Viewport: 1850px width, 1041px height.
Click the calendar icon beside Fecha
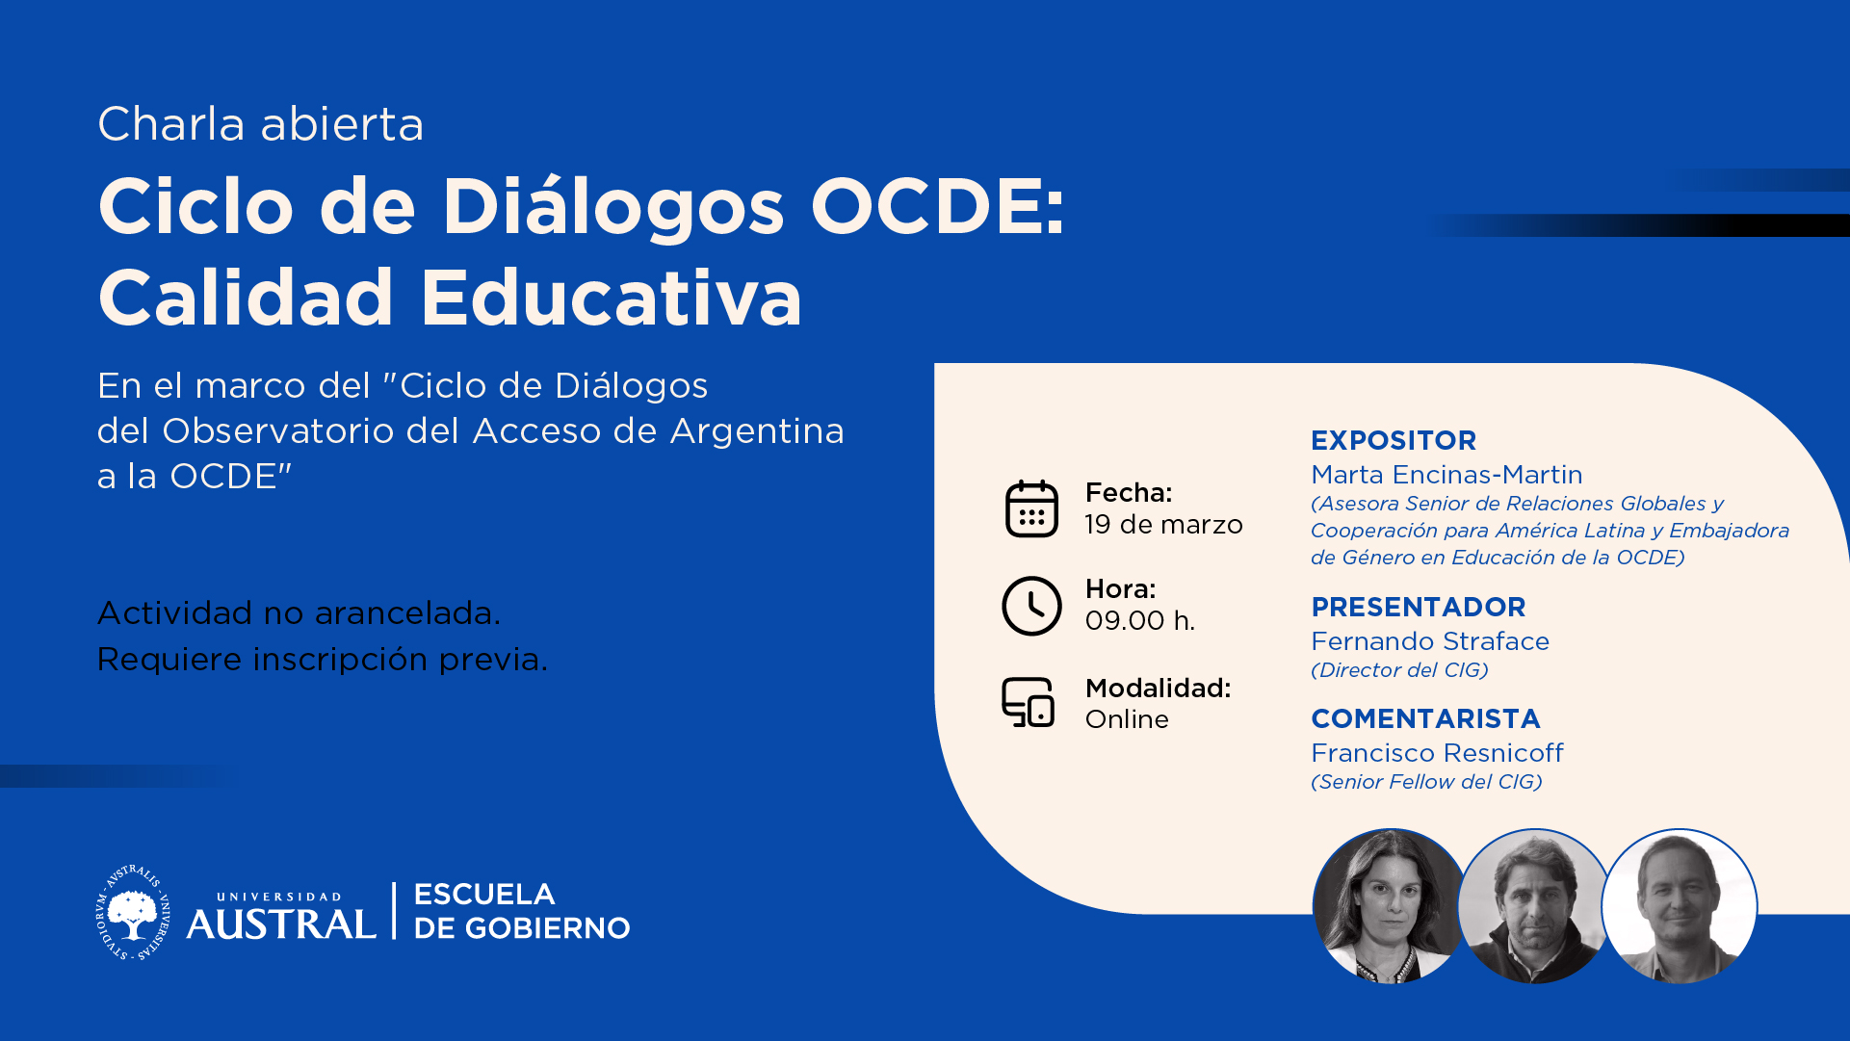1031,508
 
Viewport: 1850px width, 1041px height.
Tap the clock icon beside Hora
1031,606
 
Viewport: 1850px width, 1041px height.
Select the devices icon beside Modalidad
1029,702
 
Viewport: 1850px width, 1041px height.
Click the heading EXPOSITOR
1394,440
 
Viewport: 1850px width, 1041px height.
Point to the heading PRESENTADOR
1419,607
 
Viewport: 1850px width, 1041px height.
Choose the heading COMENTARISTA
1425,718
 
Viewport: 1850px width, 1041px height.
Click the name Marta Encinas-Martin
1446,475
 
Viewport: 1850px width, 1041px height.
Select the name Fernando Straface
1430,641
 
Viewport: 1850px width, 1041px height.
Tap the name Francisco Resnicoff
1437,753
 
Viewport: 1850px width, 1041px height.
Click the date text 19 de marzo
1163,525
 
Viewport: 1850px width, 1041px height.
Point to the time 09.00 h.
1140,621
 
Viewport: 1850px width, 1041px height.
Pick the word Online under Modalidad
1127,719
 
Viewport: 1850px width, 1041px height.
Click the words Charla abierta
261,124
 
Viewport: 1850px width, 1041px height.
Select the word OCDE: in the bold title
938,206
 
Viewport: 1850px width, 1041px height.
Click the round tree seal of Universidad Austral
133,912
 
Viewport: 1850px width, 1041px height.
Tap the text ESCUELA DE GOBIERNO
522,911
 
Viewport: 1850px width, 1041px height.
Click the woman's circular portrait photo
1389,906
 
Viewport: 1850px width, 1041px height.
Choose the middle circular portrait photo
1535,906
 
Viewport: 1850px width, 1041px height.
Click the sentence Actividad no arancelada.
300,612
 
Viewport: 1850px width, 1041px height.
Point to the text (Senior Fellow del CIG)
1426,782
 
